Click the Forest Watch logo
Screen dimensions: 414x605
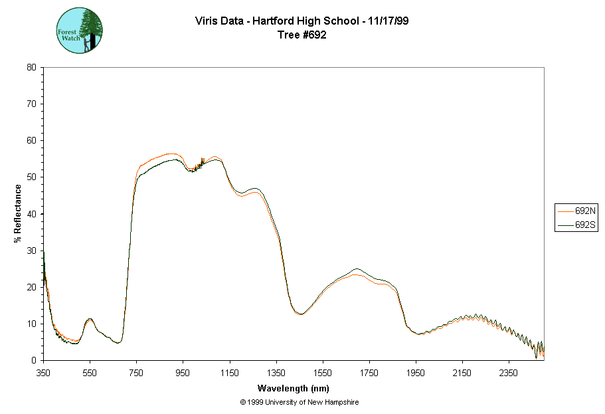pos(80,31)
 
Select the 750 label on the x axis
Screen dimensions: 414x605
pos(136,373)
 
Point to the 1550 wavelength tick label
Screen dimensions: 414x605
pos(323,373)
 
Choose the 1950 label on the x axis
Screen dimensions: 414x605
pos(416,373)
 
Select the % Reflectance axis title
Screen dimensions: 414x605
pos(18,213)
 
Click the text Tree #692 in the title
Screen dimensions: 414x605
pos(302,35)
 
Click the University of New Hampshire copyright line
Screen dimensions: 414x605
pos(300,402)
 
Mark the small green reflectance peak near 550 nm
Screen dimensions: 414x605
pos(90,319)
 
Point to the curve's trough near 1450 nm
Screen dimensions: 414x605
pos(300,314)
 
